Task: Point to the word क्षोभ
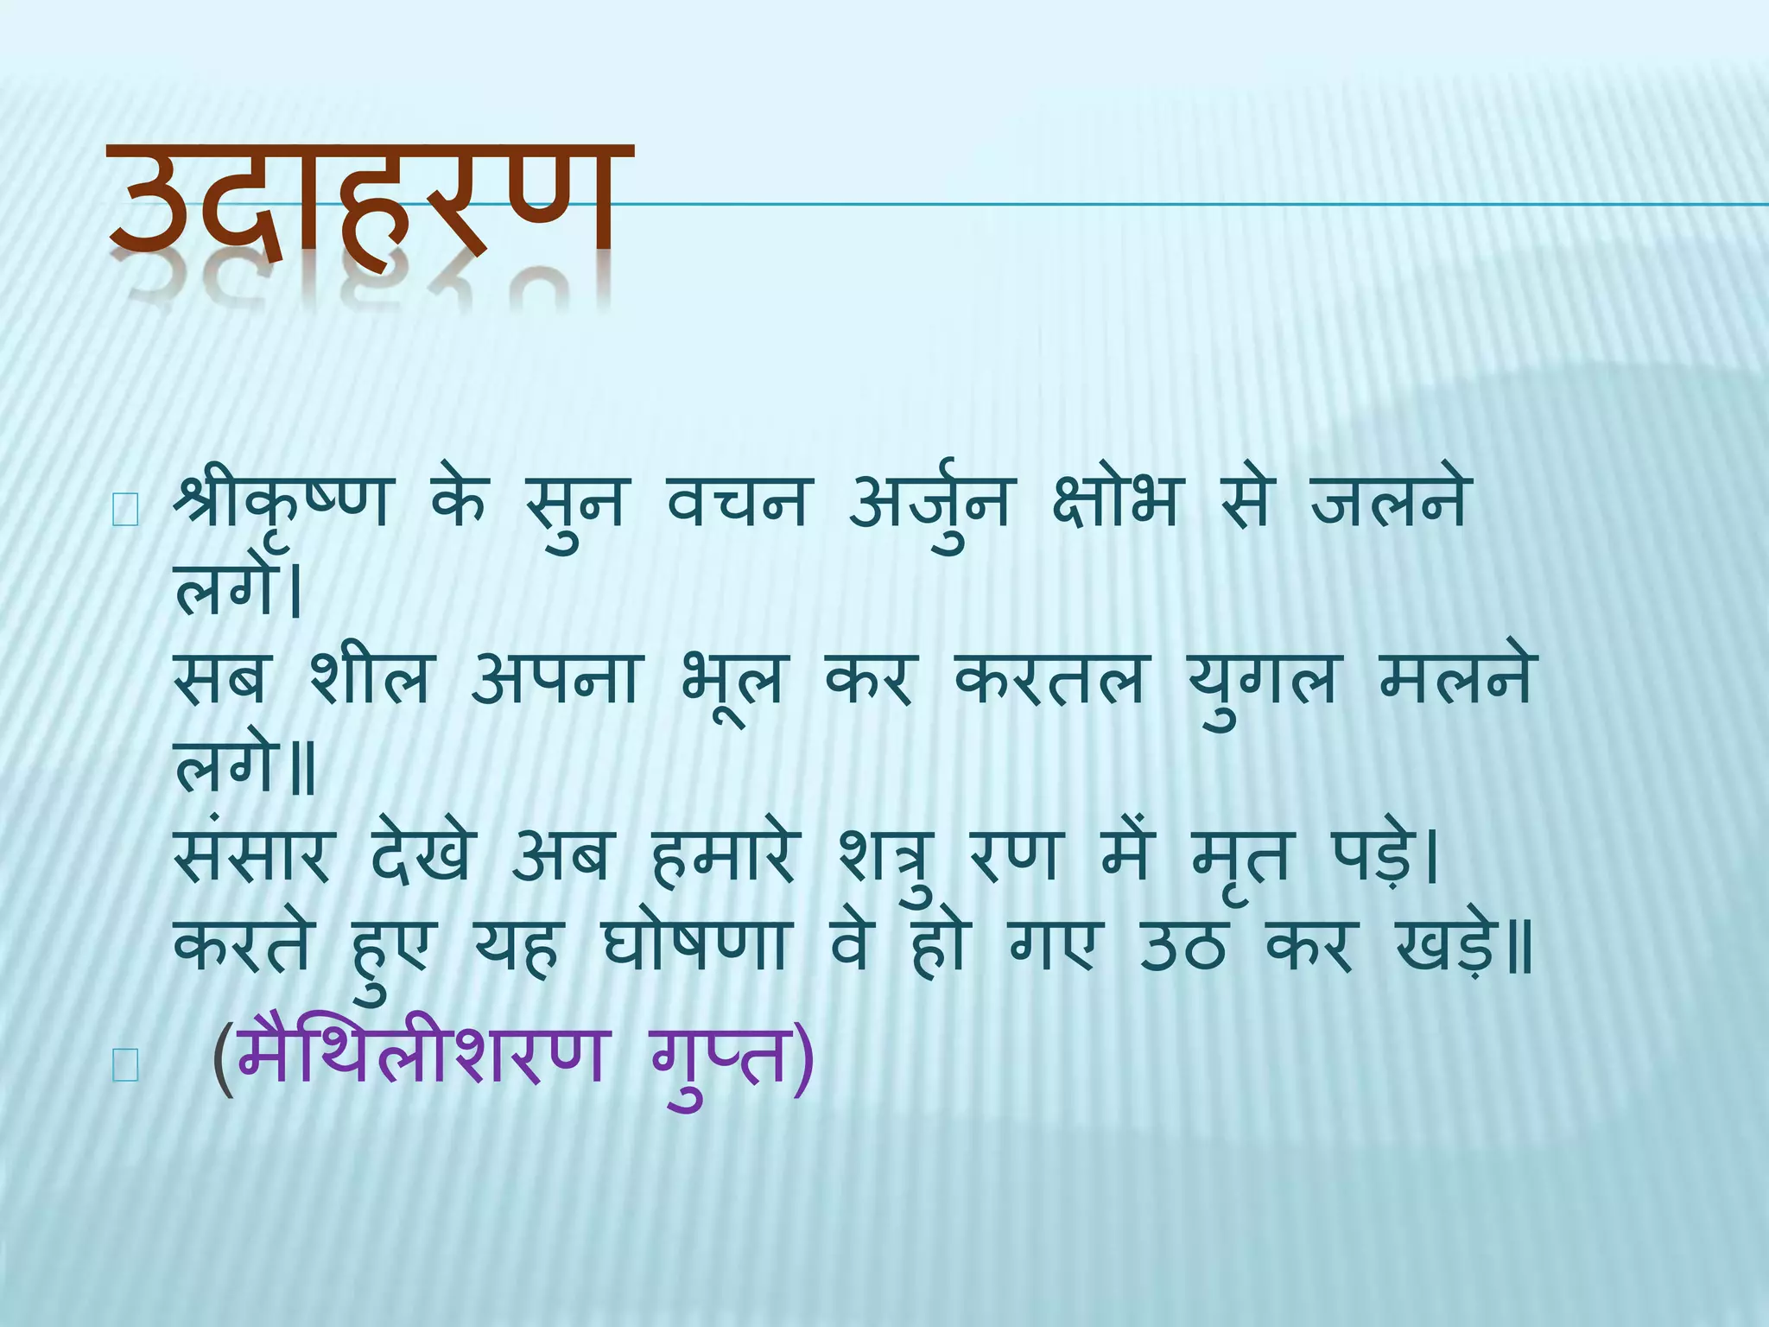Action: [1114, 503]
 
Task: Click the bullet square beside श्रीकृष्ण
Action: [125, 512]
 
